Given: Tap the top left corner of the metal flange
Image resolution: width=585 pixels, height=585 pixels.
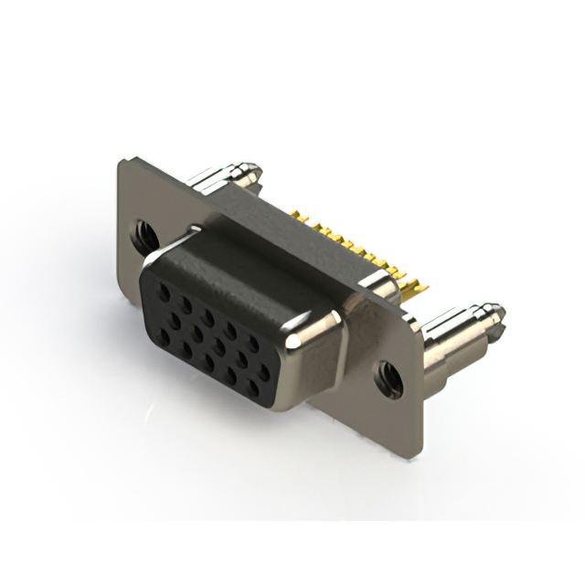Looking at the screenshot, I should click(x=122, y=162).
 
